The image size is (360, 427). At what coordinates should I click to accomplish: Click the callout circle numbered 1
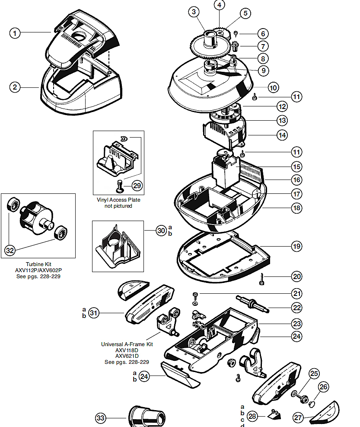point(15,33)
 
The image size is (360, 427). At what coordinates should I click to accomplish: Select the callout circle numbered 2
point(15,87)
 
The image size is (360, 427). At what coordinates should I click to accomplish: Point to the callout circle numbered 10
point(273,87)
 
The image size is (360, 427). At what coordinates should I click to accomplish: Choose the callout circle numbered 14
point(282,135)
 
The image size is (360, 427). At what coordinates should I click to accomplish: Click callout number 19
point(296,247)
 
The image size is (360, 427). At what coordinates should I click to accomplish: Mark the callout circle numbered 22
point(296,308)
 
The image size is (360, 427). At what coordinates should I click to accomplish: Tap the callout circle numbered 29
point(137,186)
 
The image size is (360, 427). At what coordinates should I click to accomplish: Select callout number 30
point(161,231)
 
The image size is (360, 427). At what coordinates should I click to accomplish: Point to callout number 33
point(101,418)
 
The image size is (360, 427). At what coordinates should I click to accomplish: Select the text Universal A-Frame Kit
point(127,344)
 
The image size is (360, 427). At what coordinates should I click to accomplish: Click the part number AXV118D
point(127,350)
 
